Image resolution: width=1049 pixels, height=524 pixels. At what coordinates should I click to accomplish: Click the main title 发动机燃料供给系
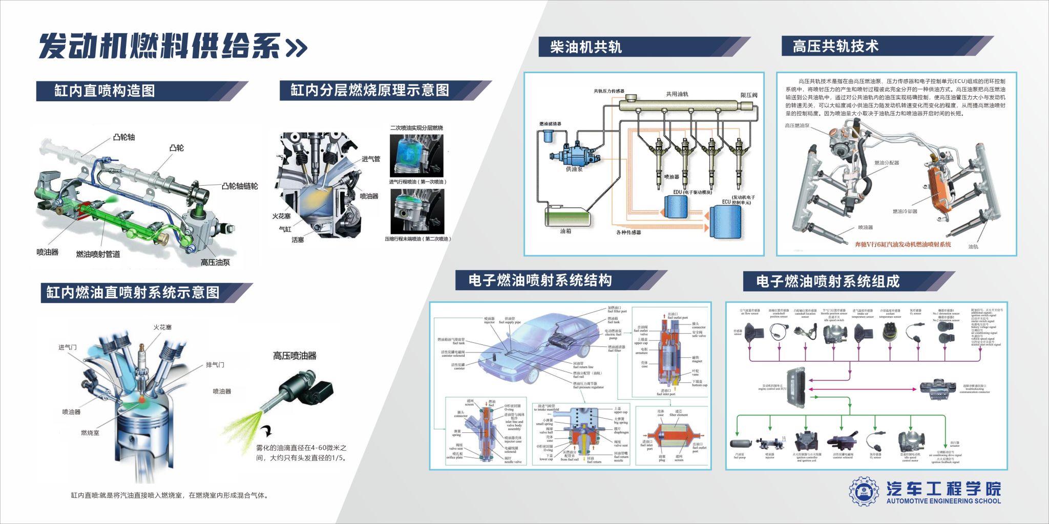[x=160, y=47]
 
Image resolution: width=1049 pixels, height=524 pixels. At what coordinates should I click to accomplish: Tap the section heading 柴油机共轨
[x=585, y=47]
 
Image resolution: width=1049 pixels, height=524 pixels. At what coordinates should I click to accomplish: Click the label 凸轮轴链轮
[x=240, y=186]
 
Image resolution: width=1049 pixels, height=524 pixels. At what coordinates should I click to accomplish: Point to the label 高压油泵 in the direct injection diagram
[x=215, y=263]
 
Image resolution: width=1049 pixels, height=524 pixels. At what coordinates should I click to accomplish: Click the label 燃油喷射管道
[x=98, y=254]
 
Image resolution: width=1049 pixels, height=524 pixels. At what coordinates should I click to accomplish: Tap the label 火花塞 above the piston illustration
[x=162, y=327]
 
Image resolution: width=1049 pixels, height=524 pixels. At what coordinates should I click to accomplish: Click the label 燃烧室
[x=90, y=433]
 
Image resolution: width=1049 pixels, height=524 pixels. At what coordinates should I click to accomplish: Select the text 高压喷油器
[x=295, y=356]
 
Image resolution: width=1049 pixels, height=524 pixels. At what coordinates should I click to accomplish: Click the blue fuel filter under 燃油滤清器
[x=549, y=136]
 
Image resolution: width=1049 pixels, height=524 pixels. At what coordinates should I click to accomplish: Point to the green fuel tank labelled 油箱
[x=568, y=217]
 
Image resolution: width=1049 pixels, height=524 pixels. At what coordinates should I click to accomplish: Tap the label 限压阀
[x=748, y=95]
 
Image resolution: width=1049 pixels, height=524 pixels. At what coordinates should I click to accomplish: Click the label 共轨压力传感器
[x=609, y=91]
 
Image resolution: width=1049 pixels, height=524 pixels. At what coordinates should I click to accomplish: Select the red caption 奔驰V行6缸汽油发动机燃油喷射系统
[x=903, y=245]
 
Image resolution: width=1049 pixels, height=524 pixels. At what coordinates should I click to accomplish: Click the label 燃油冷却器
[x=905, y=211]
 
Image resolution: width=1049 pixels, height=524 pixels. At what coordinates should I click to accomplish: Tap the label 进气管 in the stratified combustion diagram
[x=371, y=159]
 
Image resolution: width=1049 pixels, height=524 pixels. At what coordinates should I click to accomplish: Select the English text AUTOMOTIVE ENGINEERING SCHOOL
[x=943, y=501]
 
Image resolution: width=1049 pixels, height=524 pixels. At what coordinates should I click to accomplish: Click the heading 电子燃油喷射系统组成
[x=828, y=281]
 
